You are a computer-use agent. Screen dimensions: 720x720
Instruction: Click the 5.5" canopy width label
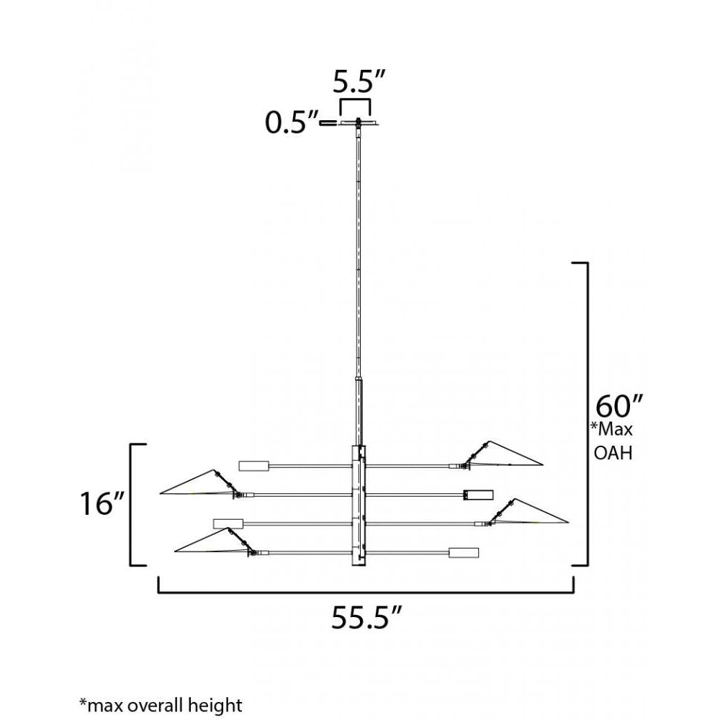[x=359, y=83]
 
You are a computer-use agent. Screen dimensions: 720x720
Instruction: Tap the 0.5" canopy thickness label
[x=292, y=122]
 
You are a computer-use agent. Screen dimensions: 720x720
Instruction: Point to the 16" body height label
[x=102, y=503]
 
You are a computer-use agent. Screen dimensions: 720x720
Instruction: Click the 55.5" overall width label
[x=367, y=617]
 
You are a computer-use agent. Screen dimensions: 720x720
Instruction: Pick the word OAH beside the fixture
[x=613, y=453]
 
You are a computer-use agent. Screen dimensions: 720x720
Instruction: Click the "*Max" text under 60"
[x=611, y=429]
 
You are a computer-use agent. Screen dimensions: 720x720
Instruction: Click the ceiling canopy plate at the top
[x=359, y=123]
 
